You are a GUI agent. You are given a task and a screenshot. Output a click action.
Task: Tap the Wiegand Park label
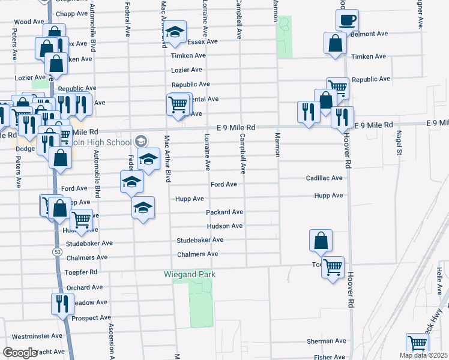pos(190,275)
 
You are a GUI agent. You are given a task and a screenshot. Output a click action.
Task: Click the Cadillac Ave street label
pos(324,178)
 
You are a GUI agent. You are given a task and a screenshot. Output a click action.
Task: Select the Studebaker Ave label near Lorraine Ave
pos(199,240)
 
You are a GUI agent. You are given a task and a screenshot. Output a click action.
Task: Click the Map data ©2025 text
pos(423,355)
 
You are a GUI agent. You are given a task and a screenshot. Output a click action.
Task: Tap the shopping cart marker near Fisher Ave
pos(417,344)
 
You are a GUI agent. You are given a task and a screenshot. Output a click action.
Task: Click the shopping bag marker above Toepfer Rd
pos(321,241)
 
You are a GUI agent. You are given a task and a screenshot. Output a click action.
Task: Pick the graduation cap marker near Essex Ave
pos(175,32)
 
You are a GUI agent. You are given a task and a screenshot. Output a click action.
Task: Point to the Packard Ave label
pos(224,212)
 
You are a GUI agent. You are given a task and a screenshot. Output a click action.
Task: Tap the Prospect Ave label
pos(91,317)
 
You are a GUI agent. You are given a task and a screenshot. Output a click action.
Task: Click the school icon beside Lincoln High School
pos(140,142)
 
